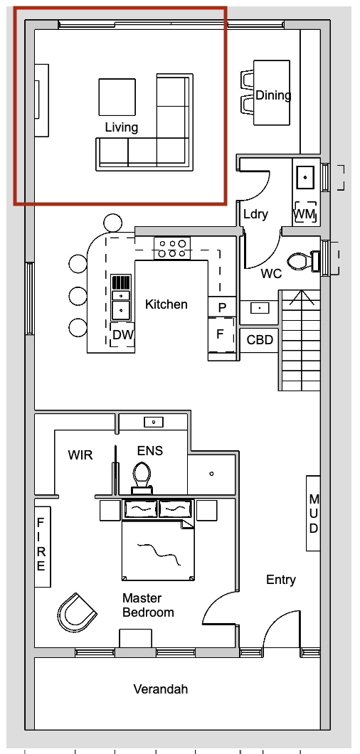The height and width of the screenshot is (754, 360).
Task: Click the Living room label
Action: coord(121,127)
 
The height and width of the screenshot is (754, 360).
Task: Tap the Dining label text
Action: coord(273,95)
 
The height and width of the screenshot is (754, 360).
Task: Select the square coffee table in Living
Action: coord(117,97)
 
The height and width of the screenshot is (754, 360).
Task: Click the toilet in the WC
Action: coord(304,262)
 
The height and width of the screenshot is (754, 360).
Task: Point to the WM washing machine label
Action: coord(305,213)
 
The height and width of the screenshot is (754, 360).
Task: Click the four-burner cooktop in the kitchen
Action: coord(172,248)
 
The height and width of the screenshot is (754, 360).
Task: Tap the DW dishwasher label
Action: coord(122,334)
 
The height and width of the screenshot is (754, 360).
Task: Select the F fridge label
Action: coord(220,334)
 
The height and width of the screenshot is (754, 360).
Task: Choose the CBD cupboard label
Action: coord(260,340)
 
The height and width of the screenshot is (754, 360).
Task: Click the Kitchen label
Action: coord(166,304)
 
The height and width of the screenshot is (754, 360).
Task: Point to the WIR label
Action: coord(80,455)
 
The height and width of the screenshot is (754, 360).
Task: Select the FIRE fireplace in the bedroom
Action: coord(42,546)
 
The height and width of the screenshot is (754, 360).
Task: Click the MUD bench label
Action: coord(313,513)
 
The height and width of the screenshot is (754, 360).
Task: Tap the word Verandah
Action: coord(161,689)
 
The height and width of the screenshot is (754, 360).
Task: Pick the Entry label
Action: coord(281,580)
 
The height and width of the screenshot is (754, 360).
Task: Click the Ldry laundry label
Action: coord(255,214)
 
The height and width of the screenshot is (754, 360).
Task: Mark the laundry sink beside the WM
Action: coord(306,177)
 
